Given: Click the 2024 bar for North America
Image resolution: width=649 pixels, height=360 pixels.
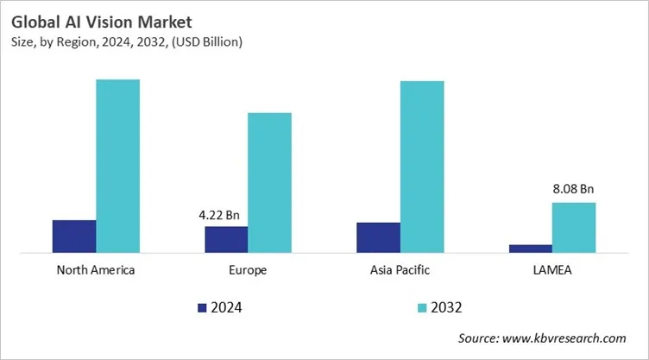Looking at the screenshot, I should [x=74, y=236].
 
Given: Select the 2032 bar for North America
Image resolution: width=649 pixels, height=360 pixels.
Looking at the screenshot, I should [x=117, y=166].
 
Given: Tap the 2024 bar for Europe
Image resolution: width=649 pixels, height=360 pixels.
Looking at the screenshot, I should [x=226, y=239].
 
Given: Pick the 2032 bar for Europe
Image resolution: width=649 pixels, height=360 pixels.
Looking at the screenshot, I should [x=269, y=182].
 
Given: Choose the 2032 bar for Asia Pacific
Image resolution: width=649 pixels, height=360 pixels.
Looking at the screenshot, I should [x=421, y=167].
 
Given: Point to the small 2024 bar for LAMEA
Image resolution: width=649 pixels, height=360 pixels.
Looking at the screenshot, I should [x=530, y=248].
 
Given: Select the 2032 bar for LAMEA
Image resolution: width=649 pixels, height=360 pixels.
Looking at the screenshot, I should [x=573, y=227].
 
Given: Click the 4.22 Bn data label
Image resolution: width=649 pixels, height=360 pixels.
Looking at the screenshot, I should [x=222, y=213].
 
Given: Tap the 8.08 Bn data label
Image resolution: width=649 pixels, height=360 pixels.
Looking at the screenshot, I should [x=573, y=189].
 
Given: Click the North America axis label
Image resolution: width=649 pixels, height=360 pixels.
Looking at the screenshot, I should [x=96, y=270].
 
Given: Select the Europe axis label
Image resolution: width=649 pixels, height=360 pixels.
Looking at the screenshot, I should [x=248, y=270].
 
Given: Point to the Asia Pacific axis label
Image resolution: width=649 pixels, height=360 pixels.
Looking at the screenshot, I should [x=400, y=270].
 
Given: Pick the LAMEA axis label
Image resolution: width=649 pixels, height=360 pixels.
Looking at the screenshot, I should [x=551, y=270].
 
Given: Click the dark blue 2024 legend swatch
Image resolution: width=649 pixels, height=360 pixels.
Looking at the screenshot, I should [x=203, y=307].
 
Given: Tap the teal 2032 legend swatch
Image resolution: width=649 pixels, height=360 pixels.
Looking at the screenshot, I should [x=421, y=307].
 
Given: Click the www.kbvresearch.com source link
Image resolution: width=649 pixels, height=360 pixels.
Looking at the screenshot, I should [x=572, y=338].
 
